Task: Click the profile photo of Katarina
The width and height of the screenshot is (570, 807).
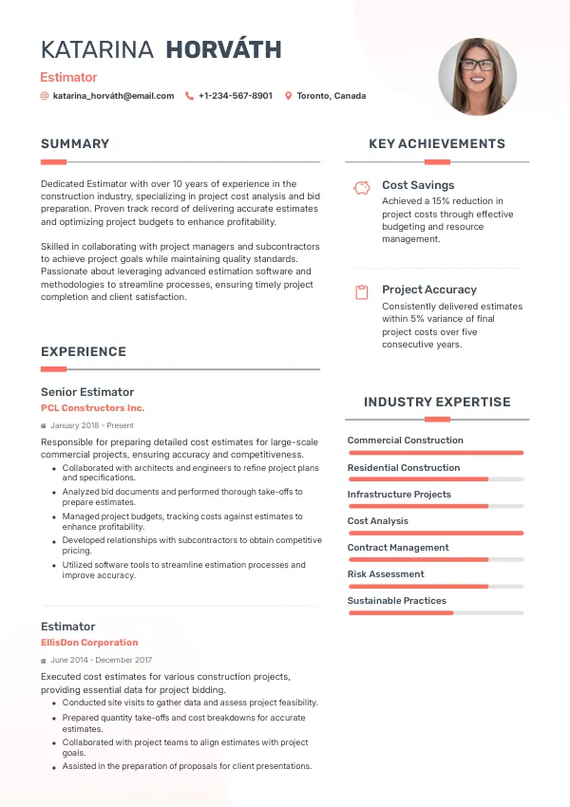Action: (x=477, y=77)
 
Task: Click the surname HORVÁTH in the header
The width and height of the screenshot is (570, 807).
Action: (x=223, y=50)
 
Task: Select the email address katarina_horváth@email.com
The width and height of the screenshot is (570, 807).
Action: (x=113, y=96)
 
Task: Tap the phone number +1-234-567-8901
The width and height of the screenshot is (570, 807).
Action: (x=235, y=96)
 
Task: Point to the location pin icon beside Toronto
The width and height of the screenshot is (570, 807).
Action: (x=289, y=96)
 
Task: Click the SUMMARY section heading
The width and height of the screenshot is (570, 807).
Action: (x=75, y=144)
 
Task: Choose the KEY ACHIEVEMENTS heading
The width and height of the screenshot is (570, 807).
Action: (x=437, y=144)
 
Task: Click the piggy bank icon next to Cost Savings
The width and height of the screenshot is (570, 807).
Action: (x=361, y=188)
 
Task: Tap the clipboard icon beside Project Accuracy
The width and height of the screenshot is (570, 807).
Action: (x=361, y=292)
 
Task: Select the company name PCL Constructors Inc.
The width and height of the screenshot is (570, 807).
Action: (x=92, y=408)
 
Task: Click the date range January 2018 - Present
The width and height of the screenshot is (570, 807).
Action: (x=92, y=426)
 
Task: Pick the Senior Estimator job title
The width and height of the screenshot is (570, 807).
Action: (x=87, y=392)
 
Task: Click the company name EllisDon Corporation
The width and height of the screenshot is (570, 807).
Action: (x=89, y=643)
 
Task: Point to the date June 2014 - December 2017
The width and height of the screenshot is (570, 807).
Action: (x=102, y=660)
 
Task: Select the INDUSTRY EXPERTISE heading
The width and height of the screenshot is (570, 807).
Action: (x=437, y=403)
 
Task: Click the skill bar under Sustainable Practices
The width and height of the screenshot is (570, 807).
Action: (x=435, y=613)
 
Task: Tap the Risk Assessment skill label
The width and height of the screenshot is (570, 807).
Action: (x=386, y=574)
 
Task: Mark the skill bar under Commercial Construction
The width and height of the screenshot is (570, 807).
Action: (x=435, y=453)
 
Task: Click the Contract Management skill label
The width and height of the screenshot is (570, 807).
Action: (x=398, y=548)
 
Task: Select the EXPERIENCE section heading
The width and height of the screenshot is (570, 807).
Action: (x=84, y=352)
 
